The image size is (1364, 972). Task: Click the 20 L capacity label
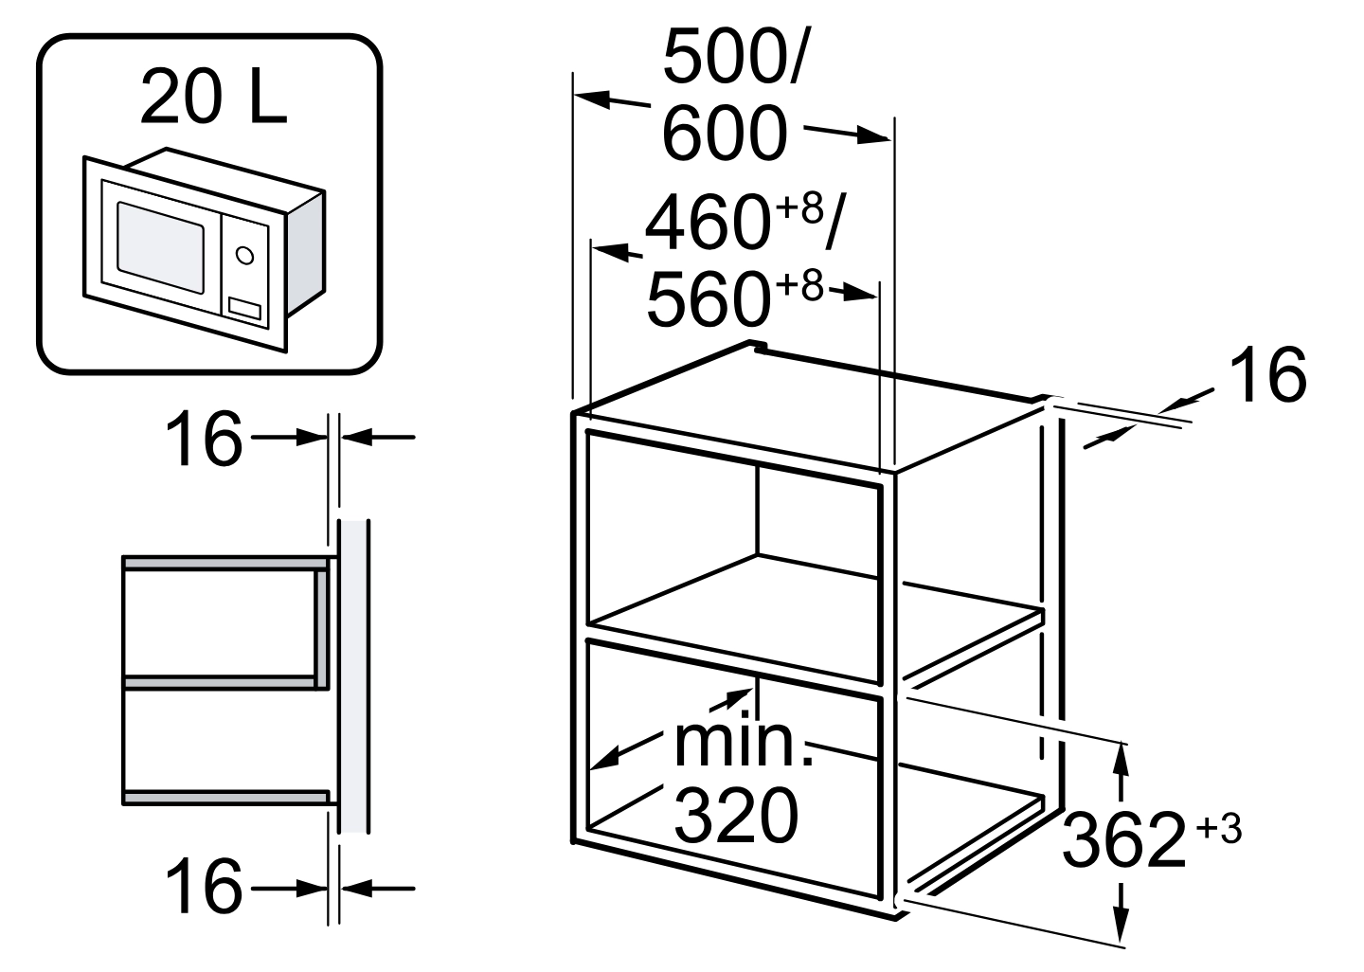pos(213,97)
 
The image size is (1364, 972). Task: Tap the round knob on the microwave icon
pos(244,255)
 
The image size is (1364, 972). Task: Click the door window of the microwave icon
pos(160,246)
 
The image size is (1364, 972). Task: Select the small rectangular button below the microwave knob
pos(244,308)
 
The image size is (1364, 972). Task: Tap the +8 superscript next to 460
pos(799,208)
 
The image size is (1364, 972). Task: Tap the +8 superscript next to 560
pos(798,286)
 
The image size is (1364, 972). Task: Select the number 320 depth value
pos(736,816)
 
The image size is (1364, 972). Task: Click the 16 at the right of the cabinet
pos(1267,374)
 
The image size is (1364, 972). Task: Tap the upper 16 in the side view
pos(204,439)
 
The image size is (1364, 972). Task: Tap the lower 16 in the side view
pos(204,888)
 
